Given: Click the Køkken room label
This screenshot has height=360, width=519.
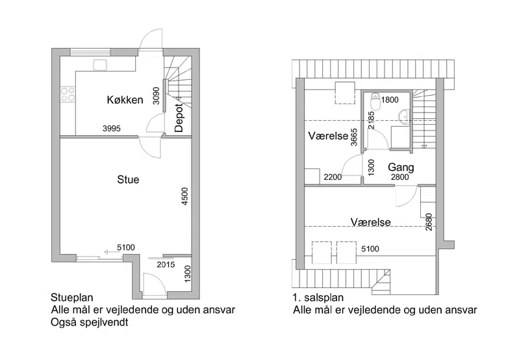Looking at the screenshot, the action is pyautogui.click(x=125, y=99).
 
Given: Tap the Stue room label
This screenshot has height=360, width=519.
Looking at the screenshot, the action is pyautogui.click(x=128, y=179).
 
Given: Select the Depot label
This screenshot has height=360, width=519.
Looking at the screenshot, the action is pyautogui.click(x=179, y=118).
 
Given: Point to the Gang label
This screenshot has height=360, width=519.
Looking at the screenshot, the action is pyautogui.click(x=401, y=168).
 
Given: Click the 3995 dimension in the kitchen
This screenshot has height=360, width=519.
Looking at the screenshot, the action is pyautogui.click(x=112, y=129).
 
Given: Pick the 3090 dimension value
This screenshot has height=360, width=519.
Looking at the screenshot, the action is pyautogui.click(x=157, y=96).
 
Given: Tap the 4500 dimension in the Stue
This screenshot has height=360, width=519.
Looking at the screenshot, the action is pyautogui.click(x=184, y=196).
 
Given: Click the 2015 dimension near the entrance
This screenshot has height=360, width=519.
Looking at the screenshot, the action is pyautogui.click(x=166, y=264).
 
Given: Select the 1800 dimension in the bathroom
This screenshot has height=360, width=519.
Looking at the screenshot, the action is pyautogui.click(x=390, y=99).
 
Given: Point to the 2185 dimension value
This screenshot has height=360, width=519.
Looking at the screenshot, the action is pyautogui.click(x=371, y=120).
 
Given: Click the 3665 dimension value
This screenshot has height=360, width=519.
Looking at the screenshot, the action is pyautogui.click(x=354, y=137).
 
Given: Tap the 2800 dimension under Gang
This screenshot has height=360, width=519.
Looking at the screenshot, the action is pyautogui.click(x=400, y=177).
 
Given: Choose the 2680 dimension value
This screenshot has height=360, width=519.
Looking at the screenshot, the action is pyautogui.click(x=429, y=222).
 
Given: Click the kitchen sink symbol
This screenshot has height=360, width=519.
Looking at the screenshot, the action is pyautogui.click(x=99, y=64).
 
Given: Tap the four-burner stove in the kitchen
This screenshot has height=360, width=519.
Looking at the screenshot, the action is pyautogui.click(x=68, y=94).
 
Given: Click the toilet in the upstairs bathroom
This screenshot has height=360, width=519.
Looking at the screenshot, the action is pyautogui.click(x=375, y=101).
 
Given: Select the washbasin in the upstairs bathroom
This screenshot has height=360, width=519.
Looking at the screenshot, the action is pyautogui.click(x=404, y=118).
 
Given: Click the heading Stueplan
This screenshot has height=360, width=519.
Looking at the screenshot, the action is pyautogui.click(x=72, y=298).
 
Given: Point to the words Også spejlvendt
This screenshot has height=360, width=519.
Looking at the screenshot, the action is pyautogui.click(x=90, y=322).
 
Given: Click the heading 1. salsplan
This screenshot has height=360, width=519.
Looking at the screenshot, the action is pyautogui.click(x=318, y=298).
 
